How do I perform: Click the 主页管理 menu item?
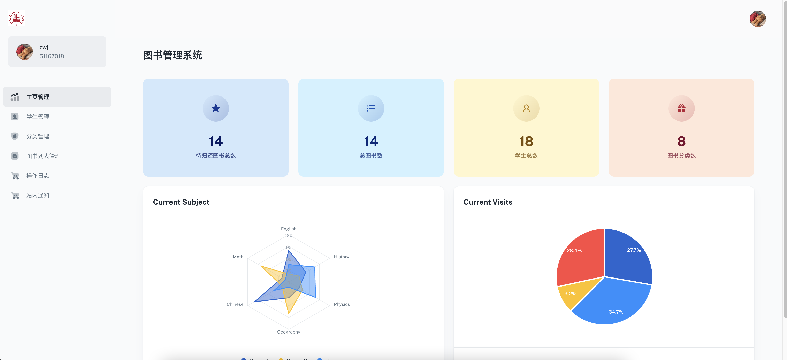click(x=38, y=97)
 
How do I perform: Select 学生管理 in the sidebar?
click(x=38, y=117)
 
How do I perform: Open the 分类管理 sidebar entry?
click(x=38, y=136)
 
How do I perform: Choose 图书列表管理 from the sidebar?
click(x=43, y=156)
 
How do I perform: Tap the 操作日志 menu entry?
click(x=38, y=175)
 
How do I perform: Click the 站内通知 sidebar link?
click(x=38, y=195)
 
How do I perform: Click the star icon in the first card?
click(x=216, y=108)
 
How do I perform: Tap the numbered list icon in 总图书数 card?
click(x=371, y=108)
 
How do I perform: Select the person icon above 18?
click(x=526, y=108)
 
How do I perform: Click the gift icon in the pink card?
click(x=681, y=108)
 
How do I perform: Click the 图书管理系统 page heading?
click(x=173, y=55)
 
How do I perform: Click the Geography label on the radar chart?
click(x=288, y=332)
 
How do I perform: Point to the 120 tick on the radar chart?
click(x=288, y=235)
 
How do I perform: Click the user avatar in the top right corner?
click(x=757, y=19)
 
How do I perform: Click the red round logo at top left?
click(x=16, y=18)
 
